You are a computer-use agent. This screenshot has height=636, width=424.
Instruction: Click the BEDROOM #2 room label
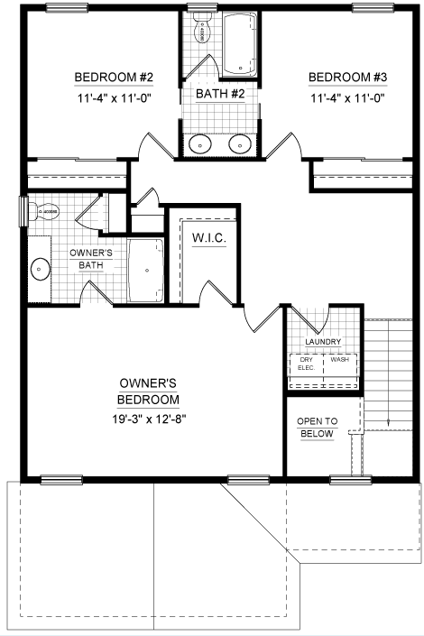tap(114, 77)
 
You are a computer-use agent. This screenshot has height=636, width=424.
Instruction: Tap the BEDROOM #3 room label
tap(347, 77)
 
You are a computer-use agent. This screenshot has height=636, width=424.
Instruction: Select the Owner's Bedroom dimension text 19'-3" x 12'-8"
tap(149, 419)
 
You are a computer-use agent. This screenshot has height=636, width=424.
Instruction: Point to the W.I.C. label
tap(209, 237)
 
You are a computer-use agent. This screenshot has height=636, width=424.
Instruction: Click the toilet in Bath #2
tap(201, 27)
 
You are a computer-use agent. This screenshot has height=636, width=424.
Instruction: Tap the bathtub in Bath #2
tap(240, 44)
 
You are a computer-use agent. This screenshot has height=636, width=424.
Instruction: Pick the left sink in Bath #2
tap(200, 144)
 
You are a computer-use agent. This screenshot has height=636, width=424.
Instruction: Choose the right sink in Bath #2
tap(240, 144)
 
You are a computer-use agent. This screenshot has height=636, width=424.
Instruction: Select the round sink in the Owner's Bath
tap(41, 269)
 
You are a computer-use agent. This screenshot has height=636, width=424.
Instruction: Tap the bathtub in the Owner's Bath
tap(145, 271)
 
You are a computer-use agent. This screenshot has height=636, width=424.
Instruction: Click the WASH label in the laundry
tap(339, 360)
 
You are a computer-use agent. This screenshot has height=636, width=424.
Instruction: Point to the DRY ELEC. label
tap(307, 364)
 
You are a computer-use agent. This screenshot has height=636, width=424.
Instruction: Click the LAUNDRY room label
tap(323, 342)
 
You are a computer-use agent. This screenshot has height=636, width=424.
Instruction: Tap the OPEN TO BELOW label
tap(318, 428)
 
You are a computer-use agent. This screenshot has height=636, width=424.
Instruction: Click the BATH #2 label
tap(220, 94)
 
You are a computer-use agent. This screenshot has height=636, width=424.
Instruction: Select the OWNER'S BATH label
tap(91, 259)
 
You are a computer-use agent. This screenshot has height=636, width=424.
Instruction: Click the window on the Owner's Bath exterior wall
tap(23, 211)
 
